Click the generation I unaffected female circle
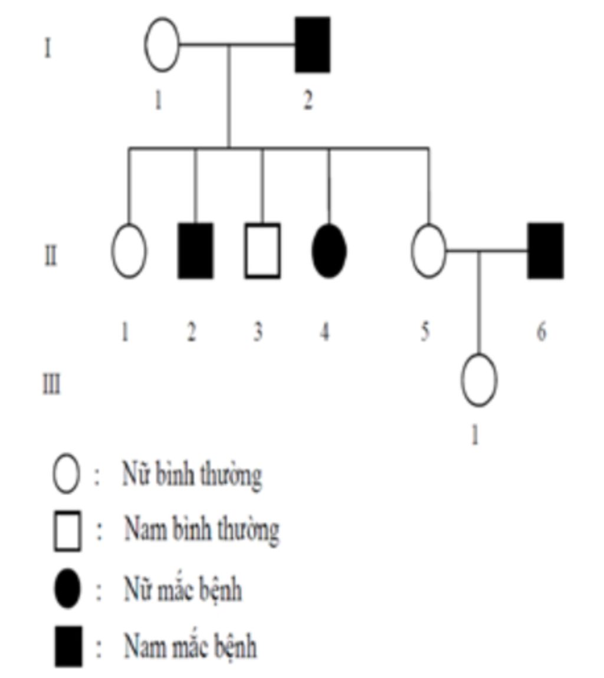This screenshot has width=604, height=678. pyautogui.click(x=162, y=44)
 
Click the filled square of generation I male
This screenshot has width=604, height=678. pyautogui.click(x=312, y=44)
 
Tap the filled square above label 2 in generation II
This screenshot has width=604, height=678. pyautogui.click(x=196, y=251)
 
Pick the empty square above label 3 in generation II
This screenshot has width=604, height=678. pyautogui.click(x=262, y=251)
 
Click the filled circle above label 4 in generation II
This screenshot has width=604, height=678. pyautogui.click(x=329, y=251)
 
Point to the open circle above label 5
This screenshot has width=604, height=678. pyautogui.click(x=429, y=251)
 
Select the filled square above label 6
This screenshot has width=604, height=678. pyautogui.click(x=545, y=251)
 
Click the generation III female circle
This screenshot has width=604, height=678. pyautogui.click(x=478, y=380)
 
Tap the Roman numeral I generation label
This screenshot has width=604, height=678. pyautogui.click(x=48, y=48)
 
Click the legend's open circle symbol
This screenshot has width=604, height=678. pyautogui.click(x=65, y=475)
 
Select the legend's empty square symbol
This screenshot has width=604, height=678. pyautogui.click(x=67, y=531)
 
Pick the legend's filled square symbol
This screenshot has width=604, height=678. pyautogui.click(x=68, y=647)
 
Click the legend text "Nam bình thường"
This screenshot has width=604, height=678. pyautogui.click(x=201, y=530)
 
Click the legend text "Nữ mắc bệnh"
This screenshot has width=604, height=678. pyautogui.click(x=182, y=589)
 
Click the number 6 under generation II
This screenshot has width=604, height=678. pyautogui.click(x=541, y=332)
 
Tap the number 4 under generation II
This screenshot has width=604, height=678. pyautogui.click(x=325, y=332)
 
